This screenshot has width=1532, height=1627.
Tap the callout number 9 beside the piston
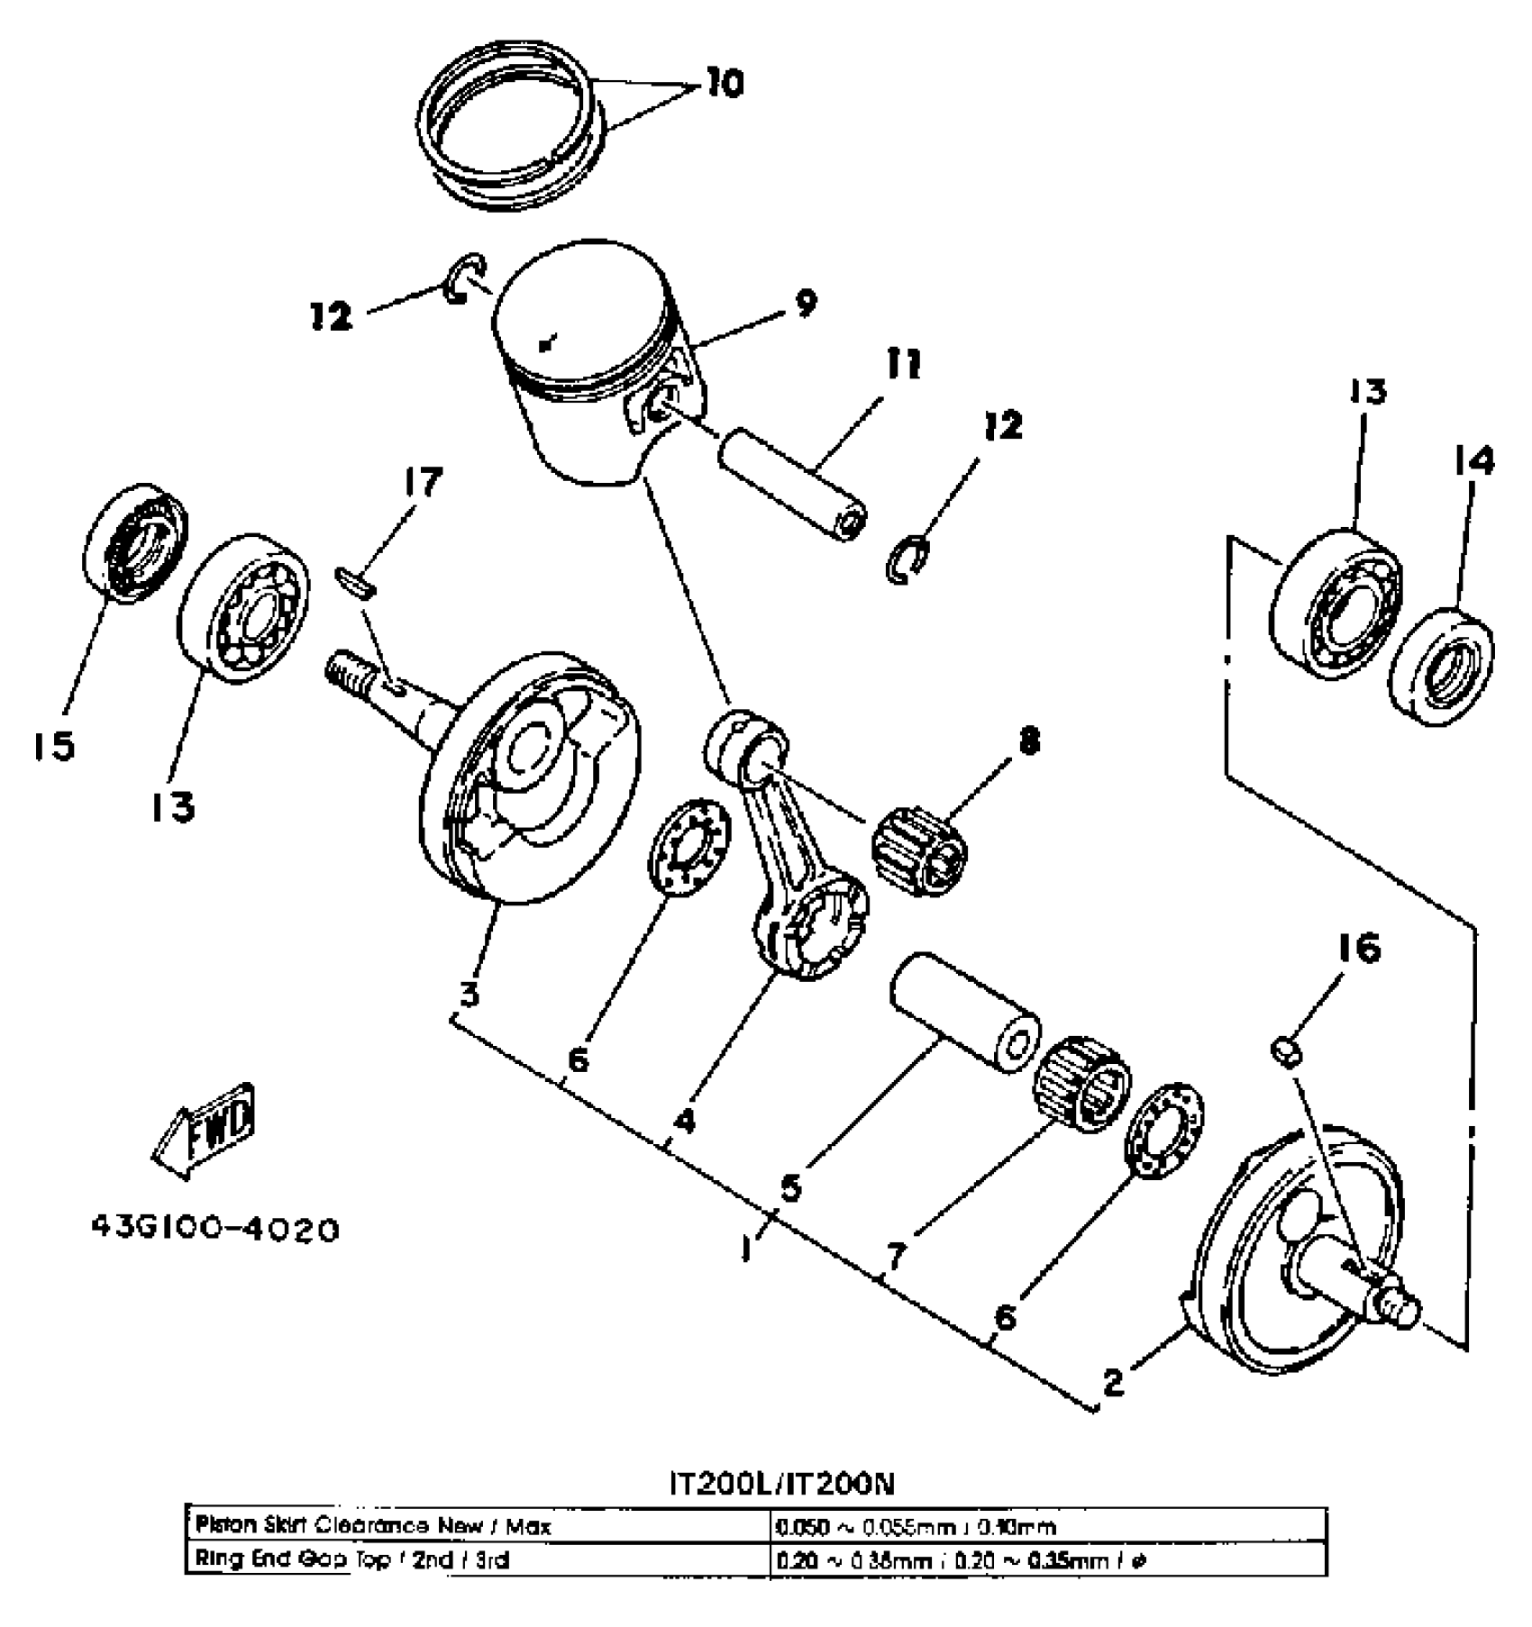pyautogui.click(x=805, y=304)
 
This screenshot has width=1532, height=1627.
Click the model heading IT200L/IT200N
pyautogui.click(x=781, y=1484)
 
